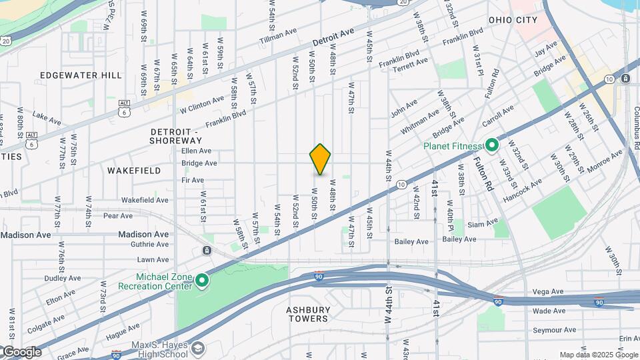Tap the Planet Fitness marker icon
pyautogui.click(x=492, y=145)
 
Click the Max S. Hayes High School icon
pyautogui.click(x=198, y=348)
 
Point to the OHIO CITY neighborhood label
pyautogui.click(x=513, y=20)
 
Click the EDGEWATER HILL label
pyautogui.click(x=81, y=75)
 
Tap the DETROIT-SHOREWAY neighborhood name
pyautogui.click(x=175, y=136)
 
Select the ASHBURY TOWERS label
pyautogui.click(x=308, y=314)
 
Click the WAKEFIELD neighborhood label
pyautogui.click(x=134, y=171)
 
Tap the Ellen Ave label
pyautogui.click(x=196, y=151)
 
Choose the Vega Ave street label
pyautogui.click(x=549, y=292)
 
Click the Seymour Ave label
pyautogui.click(x=554, y=329)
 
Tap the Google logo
pyautogui.click(x=21, y=352)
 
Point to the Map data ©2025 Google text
pyautogui.click(x=599, y=355)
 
